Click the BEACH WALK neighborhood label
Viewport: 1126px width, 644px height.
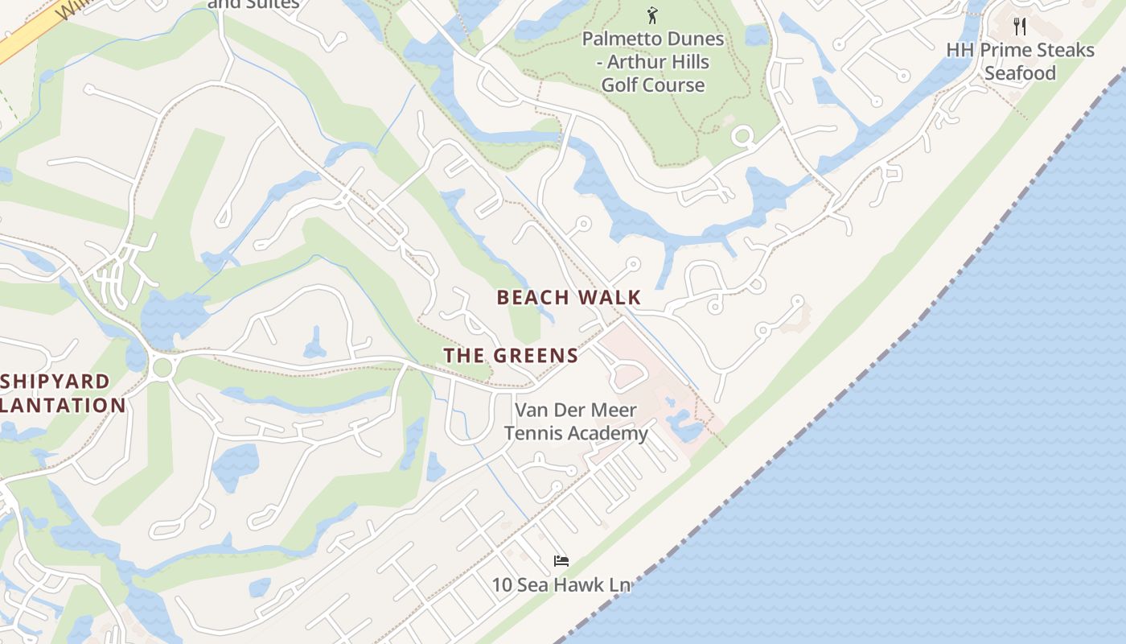click(569, 297)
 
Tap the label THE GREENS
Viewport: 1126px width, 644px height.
click(511, 355)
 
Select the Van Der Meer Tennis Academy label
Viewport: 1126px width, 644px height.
click(576, 421)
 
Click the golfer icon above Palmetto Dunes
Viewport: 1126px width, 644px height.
click(652, 14)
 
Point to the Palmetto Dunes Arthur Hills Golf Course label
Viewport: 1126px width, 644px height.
click(653, 62)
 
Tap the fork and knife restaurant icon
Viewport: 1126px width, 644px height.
click(1020, 26)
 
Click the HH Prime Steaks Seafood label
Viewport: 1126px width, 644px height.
click(1020, 61)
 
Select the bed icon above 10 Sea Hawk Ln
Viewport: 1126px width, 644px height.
click(561, 560)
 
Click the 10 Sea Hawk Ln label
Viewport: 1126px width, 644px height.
click(561, 584)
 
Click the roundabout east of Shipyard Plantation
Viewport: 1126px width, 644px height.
click(162, 368)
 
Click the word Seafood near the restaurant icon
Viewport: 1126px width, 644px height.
click(1020, 73)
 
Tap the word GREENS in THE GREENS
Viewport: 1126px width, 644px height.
click(536, 355)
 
